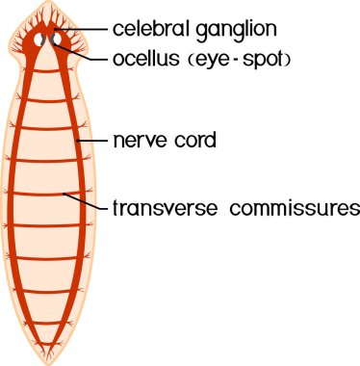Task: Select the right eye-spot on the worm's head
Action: (x=62, y=41)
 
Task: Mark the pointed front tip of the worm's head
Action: (x=52, y=6)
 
